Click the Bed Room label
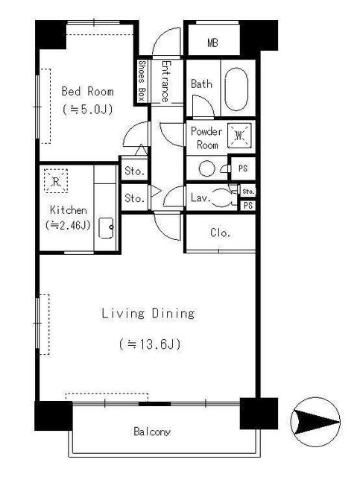tap(87, 92)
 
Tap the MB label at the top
tap(213, 42)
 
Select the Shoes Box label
tap(142, 80)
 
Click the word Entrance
tap(164, 80)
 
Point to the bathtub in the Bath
tap(239, 89)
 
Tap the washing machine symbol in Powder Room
tap(240, 135)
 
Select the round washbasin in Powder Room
tap(206, 168)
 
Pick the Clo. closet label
tap(219, 233)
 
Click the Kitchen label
tap(68, 210)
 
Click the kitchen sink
tap(106, 226)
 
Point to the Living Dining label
tap(148, 314)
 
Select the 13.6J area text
tap(149, 344)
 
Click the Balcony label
tap(152, 432)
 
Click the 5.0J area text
tap(87, 110)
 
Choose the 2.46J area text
tap(68, 224)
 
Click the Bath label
tap(201, 84)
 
